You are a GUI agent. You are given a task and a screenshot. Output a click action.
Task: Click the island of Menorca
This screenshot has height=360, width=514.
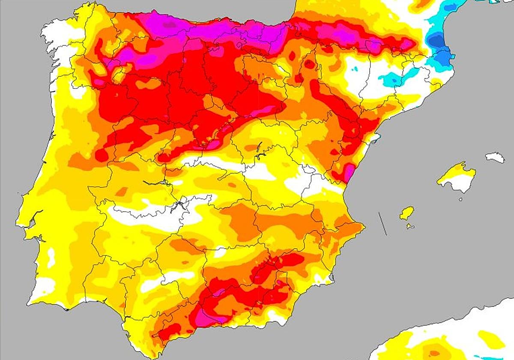click(495, 157)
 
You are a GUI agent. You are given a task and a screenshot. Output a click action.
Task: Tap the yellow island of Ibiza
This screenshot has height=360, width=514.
click(407, 213)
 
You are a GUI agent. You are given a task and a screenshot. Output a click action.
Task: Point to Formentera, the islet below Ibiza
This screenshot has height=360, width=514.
click(410, 226)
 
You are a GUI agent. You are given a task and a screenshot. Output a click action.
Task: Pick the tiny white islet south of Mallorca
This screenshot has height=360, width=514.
click(460, 199)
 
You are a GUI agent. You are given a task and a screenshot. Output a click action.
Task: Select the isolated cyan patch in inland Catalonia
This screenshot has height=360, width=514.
click(392, 79)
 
